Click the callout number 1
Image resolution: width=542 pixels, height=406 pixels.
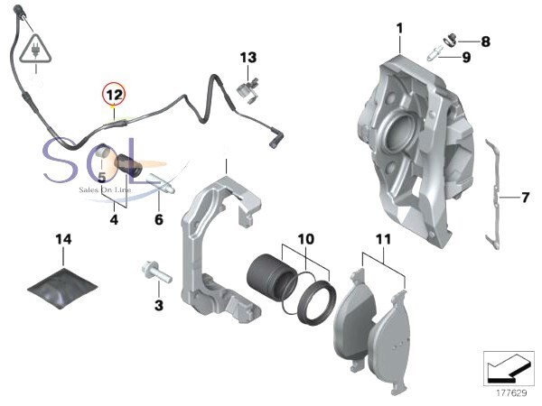(x=398, y=30)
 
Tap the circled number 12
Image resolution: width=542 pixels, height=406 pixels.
(x=113, y=92)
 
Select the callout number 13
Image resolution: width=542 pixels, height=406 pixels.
(x=248, y=58)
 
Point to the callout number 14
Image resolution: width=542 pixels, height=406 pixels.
(x=62, y=240)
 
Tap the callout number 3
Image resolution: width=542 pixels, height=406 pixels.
(x=159, y=306)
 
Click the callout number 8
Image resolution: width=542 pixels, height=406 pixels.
(x=485, y=42)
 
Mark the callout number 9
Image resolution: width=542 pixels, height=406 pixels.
(x=466, y=57)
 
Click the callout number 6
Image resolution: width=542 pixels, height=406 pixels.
(x=159, y=218)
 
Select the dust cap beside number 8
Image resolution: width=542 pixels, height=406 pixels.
(x=448, y=39)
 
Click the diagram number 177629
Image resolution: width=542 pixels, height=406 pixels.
(x=510, y=392)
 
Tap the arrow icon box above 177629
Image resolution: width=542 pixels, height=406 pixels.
(x=509, y=367)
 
